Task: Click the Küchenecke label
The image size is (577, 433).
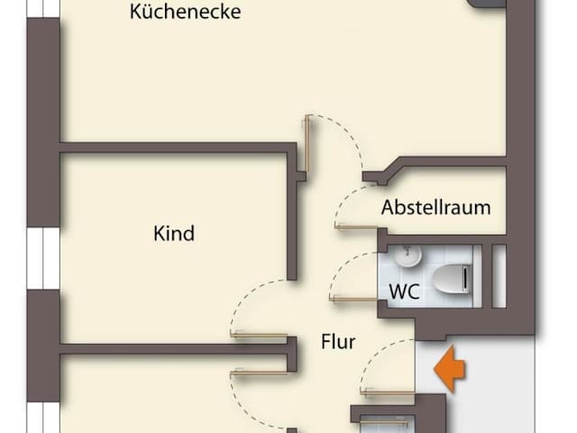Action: tap(185, 13)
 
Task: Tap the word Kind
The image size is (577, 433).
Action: tap(174, 234)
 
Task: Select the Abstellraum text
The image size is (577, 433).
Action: tap(435, 207)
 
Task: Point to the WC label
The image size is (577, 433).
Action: tap(405, 291)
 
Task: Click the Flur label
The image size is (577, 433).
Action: tap(338, 342)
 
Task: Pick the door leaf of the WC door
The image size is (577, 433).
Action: tap(353, 297)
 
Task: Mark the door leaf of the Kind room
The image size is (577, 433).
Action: tap(262, 334)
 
